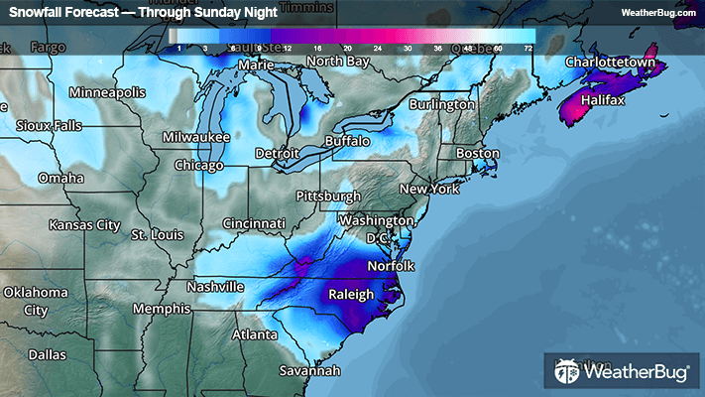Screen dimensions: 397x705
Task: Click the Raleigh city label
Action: pyautogui.click(x=351, y=295)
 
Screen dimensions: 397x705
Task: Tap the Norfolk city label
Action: pyautogui.click(x=391, y=266)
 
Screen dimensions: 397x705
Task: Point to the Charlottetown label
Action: pyautogui.click(x=611, y=63)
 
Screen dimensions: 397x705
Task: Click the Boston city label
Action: pyautogui.click(x=477, y=153)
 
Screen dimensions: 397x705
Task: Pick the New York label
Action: pyautogui.click(x=430, y=189)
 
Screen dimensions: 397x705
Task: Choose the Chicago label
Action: pyautogui.click(x=199, y=165)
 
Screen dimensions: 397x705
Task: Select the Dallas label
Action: pyautogui.click(x=48, y=354)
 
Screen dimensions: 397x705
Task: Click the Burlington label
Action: pyautogui.click(x=442, y=104)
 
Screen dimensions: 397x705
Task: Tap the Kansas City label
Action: pyautogui.click(x=84, y=225)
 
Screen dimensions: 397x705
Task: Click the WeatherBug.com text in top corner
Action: pyautogui.click(x=655, y=12)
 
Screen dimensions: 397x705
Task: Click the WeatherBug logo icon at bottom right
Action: pyautogui.click(x=566, y=372)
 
